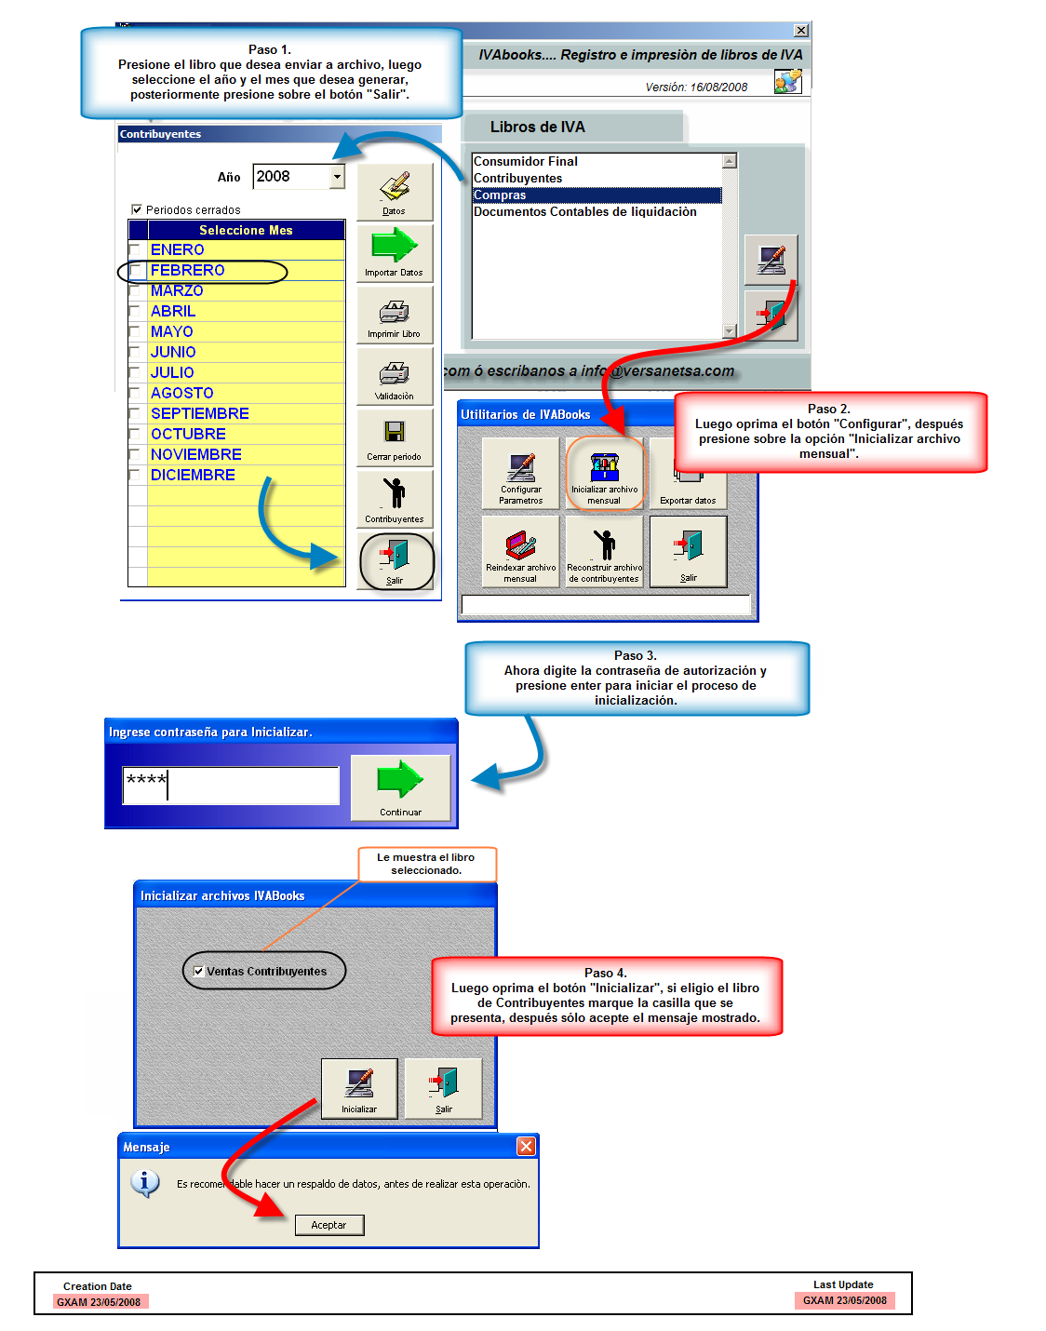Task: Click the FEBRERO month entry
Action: click(x=188, y=271)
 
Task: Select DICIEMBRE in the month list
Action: click(x=193, y=476)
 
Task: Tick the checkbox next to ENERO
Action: click(x=137, y=250)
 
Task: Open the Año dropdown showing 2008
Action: click(x=337, y=177)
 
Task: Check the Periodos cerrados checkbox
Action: click(x=137, y=210)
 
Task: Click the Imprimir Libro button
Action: click(x=395, y=316)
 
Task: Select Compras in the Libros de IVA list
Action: click(x=596, y=195)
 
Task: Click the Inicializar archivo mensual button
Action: click(x=604, y=473)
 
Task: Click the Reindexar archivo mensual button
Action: click(x=520, y=551)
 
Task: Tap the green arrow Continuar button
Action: click(x=400, y=787)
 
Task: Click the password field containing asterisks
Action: click(x=231, y=786)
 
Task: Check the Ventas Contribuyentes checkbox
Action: click(x=198, y=972)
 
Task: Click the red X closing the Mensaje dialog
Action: click(x=526, y=1147)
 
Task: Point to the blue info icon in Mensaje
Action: click(x=144, y=1183)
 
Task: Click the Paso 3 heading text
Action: click(x=636, y=656)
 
